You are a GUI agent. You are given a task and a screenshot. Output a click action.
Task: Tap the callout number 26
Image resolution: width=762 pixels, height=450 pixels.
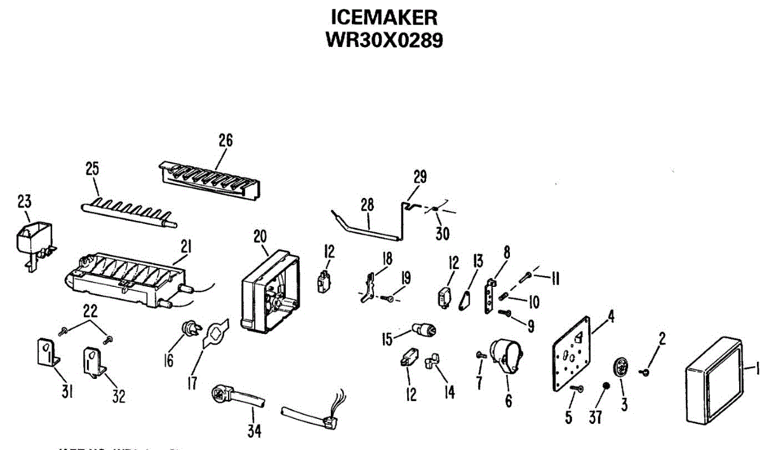(225, 141)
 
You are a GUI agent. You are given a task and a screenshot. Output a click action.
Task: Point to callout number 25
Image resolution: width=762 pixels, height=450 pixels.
(93, 169)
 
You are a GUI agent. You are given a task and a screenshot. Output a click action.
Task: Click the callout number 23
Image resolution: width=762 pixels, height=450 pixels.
(24, 202)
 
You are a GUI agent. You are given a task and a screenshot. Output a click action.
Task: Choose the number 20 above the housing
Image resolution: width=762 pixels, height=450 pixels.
(260, 236)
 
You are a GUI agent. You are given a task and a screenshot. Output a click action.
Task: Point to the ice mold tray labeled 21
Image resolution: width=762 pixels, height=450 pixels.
(127, 280)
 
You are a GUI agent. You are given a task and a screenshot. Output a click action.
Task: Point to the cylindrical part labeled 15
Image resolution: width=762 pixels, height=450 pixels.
(424, 330)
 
